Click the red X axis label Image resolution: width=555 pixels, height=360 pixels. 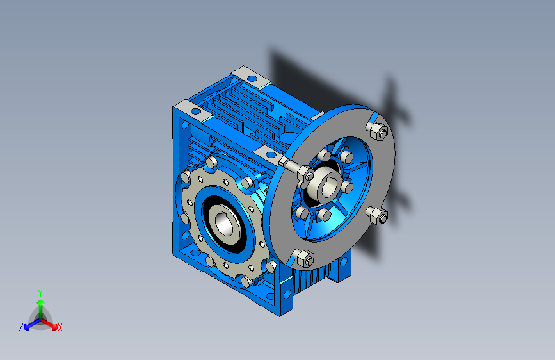coord(60,328)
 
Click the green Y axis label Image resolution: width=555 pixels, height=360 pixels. coord(40,293)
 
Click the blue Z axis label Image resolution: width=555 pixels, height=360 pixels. coord(21,327)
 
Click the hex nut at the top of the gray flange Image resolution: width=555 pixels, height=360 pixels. coord(379,131)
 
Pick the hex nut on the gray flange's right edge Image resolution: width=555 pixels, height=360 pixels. coord(379,216)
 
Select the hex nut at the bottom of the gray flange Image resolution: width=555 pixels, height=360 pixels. coord(305,259)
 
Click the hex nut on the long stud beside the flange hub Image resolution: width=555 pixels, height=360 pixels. coord(305,174)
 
